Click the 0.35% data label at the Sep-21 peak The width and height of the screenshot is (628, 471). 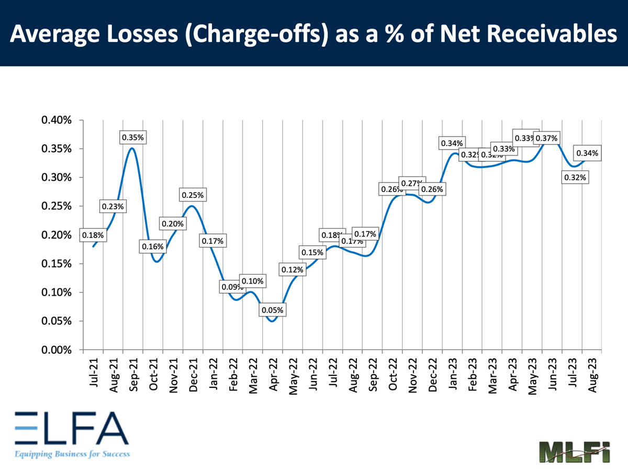point(133,138)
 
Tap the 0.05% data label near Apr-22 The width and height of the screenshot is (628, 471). point(273,310)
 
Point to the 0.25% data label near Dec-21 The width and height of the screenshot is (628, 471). point(193,195)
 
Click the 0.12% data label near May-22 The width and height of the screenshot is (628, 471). point(293,270)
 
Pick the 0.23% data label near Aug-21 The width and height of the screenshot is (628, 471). point(113,207)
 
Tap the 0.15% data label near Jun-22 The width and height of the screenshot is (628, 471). point(312,253)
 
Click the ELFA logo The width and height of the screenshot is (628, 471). point(71,428)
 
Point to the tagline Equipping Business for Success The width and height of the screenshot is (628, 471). point(72,454)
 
